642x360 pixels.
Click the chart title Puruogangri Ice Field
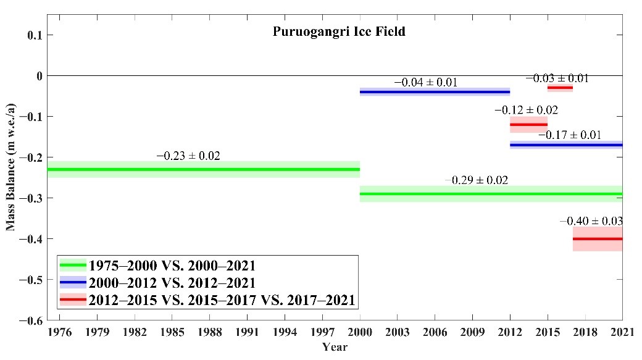coord(340,31)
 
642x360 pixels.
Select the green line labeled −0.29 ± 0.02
coord(491,194)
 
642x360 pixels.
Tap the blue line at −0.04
coord(435,91)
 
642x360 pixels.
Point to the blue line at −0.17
coord(566,145)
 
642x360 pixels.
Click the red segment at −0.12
coord(528,124)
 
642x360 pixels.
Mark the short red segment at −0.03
coord(560,88)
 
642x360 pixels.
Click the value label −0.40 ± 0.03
coord(591,221)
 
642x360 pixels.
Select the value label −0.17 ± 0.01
coord(570,135)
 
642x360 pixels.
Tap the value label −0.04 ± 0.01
coord(426,82)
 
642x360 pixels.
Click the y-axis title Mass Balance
coord(10,177)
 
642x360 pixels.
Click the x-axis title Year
coord(335,347)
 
